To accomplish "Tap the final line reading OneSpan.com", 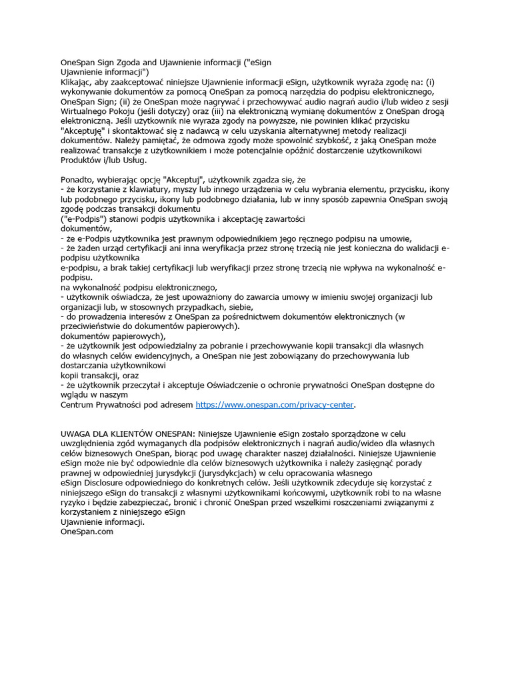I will click(87, 531).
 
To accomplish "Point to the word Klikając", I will click(79, 81).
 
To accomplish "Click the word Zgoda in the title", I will click(133, 62).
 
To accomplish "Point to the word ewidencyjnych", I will click(158, 356).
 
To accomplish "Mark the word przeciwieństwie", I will click(95, 326).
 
